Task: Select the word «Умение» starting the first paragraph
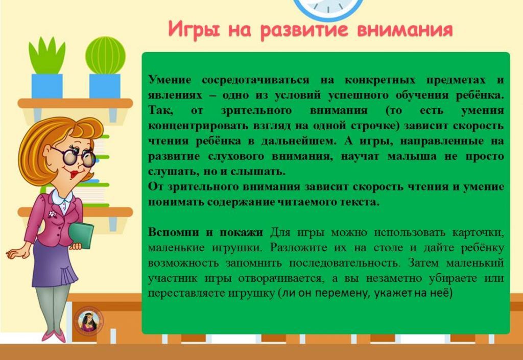(170, 80)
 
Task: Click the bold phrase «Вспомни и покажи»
(205, 232)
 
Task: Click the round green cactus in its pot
(105, 55)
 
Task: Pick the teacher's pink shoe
(54, 336)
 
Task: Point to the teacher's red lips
(75, 174)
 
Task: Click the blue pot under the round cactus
(105, 86)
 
